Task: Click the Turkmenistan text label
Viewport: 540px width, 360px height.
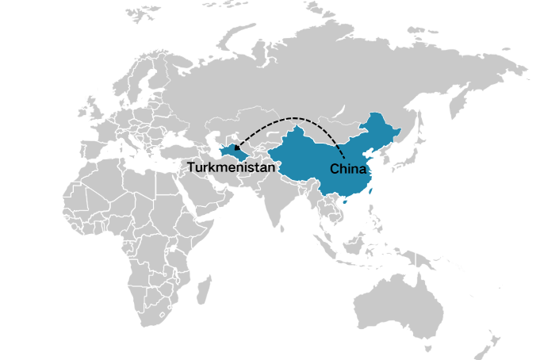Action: click(x=232, y=168)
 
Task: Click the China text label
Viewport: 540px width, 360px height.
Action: click(x=348, y=169)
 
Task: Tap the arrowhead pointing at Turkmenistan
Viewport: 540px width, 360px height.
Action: click(x=237, y=147)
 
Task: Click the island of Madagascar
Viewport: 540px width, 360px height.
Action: click(x=205, y=289)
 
